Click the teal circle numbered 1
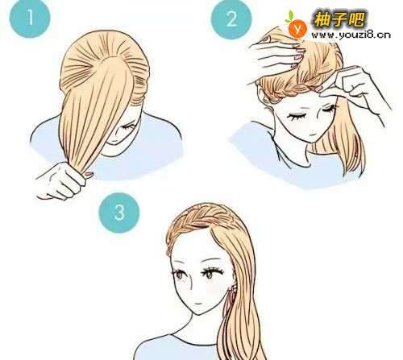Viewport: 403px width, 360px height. [x=30, y=18]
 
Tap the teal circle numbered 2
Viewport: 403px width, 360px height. [x=231, y=19]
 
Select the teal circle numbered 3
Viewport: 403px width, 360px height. [x=119, y=213]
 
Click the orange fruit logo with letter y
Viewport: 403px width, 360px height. [x=297, y=27]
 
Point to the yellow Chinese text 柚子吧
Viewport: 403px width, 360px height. [x=339, y=19]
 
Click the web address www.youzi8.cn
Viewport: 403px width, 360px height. [x=351, y=35]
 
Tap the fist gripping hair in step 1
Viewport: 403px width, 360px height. [x=64, y=180]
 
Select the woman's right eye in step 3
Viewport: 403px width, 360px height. [x=179, y=274]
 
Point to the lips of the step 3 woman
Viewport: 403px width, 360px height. [x=197, y=304]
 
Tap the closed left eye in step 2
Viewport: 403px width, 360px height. [x=328, y=109]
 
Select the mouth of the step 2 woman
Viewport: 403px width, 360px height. [x=311, y=134]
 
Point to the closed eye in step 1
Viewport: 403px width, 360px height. [x=128, y=126]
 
